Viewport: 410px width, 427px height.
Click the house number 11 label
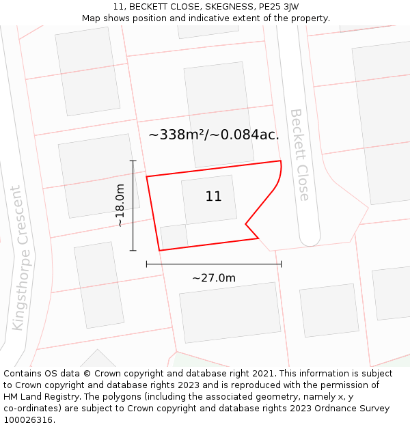[x=213, y=197]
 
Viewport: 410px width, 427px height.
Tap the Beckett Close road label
[x=299, y=154]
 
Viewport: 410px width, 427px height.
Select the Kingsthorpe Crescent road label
[x=20, y=258]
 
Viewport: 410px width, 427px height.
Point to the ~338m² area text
[x=177, y=135]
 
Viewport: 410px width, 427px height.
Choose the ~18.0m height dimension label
[x=120, y=205]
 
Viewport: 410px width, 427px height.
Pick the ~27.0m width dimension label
[x=214, y=278]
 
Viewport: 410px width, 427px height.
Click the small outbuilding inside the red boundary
[x=174, y=236]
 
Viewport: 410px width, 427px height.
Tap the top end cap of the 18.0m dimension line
[x=133, y=161]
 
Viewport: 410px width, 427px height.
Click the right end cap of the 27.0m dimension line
[x=281, y=264]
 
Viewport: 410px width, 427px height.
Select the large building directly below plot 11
[x=230, y=312]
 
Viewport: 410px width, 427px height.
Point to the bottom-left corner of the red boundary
[x=160, y=250]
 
